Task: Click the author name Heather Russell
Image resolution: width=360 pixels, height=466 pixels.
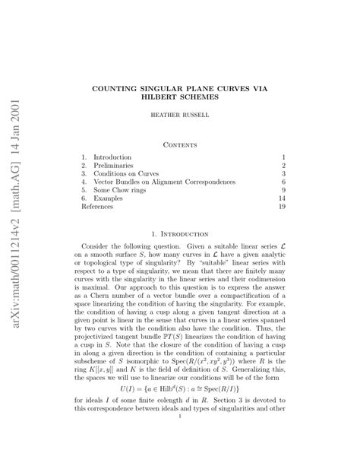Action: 179,118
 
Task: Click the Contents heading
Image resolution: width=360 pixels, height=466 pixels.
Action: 179,142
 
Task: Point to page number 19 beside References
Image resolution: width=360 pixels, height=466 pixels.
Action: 280,206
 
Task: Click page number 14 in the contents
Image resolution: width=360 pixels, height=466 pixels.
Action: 280,197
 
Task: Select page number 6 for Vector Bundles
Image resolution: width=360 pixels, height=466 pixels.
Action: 283,183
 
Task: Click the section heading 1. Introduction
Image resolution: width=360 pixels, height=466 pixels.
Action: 180,235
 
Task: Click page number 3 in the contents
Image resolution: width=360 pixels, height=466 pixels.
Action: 283,174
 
